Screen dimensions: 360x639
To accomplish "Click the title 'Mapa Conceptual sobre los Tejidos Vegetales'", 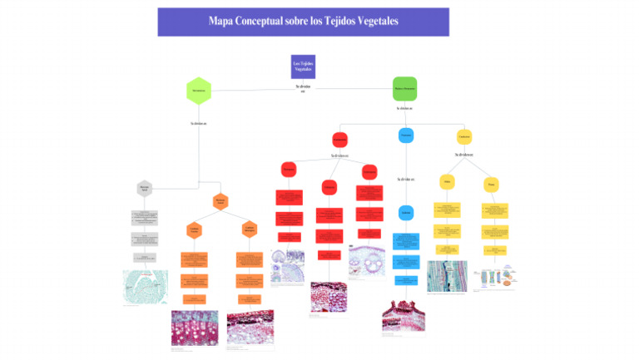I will pos(303,22).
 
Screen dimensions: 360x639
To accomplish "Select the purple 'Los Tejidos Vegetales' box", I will pos(303,67).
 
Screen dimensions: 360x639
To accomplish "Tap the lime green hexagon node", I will pos(198,90).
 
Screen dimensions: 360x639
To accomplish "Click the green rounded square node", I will pos(404,88).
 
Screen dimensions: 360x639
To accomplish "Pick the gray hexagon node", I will pos(145,189).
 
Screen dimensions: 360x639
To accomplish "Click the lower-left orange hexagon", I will pos(194,230).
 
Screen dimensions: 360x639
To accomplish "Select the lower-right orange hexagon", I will pos(249,230).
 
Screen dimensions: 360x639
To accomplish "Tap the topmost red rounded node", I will pos(339,139).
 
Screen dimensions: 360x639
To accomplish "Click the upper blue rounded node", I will pos(405,135).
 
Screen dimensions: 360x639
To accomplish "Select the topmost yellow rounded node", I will pos(464,136).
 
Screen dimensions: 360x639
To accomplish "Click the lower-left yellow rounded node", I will pos(447,182).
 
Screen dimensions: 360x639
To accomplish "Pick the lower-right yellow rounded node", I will pos(492,184).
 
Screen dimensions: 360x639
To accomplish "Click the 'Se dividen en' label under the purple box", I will pos(303,88).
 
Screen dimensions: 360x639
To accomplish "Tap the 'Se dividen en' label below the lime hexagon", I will pos(198,124).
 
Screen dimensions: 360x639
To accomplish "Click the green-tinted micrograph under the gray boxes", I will pos(145,286).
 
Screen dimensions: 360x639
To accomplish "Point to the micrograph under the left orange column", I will pos(194,328).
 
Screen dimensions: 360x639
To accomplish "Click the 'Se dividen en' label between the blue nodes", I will pos(405,179).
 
